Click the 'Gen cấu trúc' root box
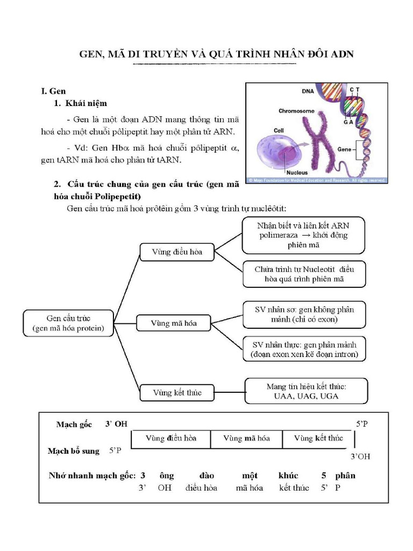(68, 323)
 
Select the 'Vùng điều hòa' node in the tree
(177, 252)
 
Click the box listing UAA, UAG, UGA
(306, 391)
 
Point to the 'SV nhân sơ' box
(304, 315)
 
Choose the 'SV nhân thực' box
(304, 349)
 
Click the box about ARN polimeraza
(303, 235)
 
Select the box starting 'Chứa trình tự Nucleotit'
(303, 274)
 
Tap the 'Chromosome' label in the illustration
(296, 111)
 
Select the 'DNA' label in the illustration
(308, 91)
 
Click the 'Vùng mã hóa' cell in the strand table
(246, 439)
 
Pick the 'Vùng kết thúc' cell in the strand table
(318, 439)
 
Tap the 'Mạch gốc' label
(74, 425)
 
